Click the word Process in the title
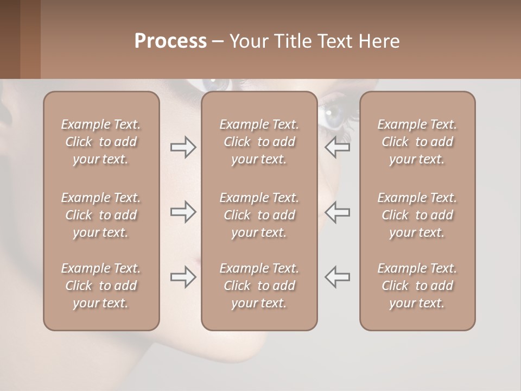[x=170, y=41]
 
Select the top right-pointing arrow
[x=183, y=147]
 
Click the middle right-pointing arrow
[x=183, y=212]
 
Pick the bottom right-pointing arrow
[x=183, y=277]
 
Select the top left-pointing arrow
[x=337, y=147]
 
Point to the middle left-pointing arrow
[x=337, y=212]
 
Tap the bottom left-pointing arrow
[x=337, y=277]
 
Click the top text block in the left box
[x=101, y=142]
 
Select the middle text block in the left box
[x=101, y=215]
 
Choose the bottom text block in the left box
[x=101, y=286]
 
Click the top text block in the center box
[x=259, y=142]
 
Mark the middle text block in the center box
[x=259, y=215]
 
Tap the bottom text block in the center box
[x=259, y=286]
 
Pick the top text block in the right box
[x=417, y=142]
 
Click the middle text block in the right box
[x=417, y=215]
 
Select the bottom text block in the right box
[x=417, y=286]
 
